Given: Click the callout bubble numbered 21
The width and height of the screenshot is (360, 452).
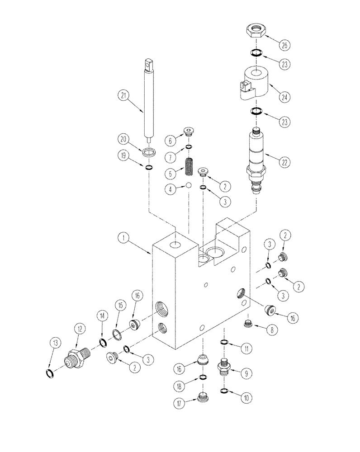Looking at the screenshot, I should point(123,95).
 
